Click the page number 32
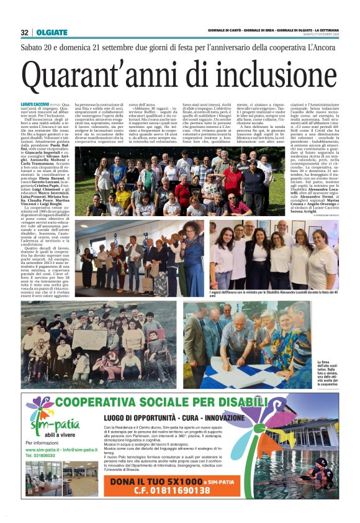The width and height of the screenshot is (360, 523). [24, 32]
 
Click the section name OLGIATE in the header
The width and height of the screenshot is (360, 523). [48, 32]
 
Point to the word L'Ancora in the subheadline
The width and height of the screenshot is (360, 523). [323, 47]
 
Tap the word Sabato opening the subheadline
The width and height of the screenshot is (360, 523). [35, 47]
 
